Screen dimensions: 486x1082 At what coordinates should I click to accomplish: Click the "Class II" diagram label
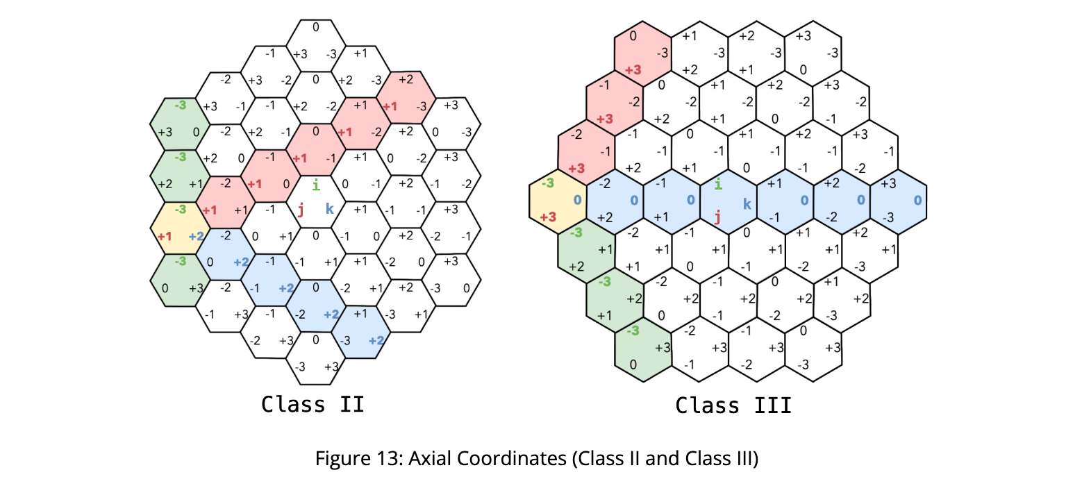coord(313,404)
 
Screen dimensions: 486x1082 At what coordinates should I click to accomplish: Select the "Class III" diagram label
coord(733,405)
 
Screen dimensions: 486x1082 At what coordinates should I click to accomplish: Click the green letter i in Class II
coord(316,185)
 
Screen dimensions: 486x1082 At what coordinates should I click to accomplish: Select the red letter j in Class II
coord(300,210)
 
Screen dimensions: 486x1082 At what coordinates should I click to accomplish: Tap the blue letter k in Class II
coord(330,208)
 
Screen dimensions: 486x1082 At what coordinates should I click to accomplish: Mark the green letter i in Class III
coord(718,185)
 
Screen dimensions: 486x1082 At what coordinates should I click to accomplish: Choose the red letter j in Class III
coord(717,217)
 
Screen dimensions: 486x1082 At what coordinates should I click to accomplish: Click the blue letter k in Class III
coord(747,203)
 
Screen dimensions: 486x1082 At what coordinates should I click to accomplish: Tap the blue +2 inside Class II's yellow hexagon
coord(195,236)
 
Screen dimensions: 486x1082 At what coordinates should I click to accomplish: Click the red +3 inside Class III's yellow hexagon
coord(549,217)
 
